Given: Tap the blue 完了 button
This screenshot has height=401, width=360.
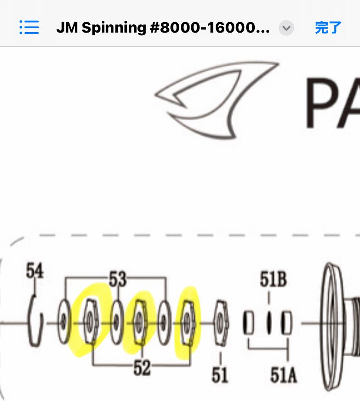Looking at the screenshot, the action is click(328, 28).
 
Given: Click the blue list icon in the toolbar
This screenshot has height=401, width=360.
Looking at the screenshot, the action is click(29, 27).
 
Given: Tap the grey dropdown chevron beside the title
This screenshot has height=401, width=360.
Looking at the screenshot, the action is click(286, 28).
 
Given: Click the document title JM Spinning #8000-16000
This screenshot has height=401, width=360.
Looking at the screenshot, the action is click(163, 28).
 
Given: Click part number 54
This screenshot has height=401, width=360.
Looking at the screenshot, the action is click(35, 272).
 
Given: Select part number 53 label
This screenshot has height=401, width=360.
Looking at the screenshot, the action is click(117, 279).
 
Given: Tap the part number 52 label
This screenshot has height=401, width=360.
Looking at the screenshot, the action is click(142, 368).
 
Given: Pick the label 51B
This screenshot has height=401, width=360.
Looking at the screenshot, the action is click(273, 279).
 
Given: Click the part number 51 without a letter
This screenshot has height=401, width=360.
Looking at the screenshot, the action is click(220, 374).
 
